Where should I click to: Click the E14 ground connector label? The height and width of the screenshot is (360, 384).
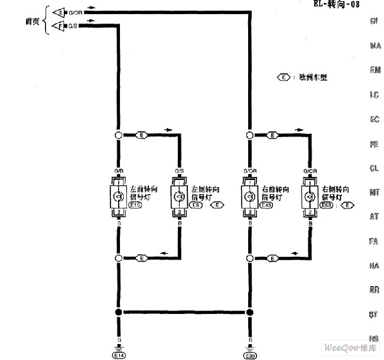pyautogui.click(x=119, y=355)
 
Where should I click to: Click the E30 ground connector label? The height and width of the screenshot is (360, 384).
pyautogui.click(x=249, y=355)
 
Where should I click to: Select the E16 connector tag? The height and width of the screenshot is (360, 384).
pyautogui.click(x=134, y=205)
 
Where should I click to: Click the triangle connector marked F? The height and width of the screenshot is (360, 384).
pyautogui.click(x=59, y=25)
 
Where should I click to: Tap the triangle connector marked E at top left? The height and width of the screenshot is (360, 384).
pyautogui.click(x=59, y=12)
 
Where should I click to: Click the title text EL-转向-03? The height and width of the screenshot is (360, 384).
pyautogui.click(x=338, y=4)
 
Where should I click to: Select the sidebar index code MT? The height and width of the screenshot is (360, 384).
pyautogui.click(x=374, y=192)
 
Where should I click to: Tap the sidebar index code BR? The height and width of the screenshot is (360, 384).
pyautogui.click(x=374, y=290)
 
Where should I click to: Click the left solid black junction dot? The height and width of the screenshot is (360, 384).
pyautogui.click(x=118, y=313)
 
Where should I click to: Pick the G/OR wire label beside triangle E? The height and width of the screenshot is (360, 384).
pyautogui.click(x=76, y=12)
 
